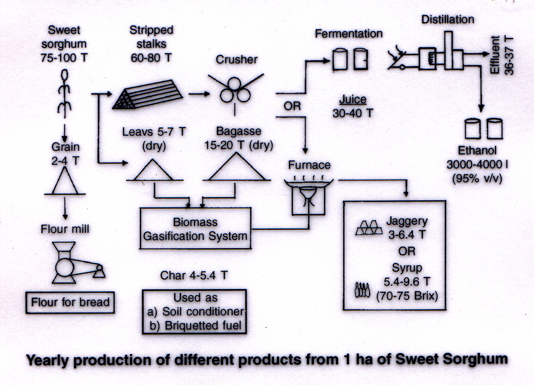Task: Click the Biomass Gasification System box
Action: tap(195, 229)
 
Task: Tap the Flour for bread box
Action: tap(70, 302)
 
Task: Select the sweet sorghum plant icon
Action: tap(65, 94)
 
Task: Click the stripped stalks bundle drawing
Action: tap(148, 95)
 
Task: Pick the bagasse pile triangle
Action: tap(237, 168)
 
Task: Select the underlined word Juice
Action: tap(353, 99)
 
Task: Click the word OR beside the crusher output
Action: tap(292, 106)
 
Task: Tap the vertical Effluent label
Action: tap(495, 55)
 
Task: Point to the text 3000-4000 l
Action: tap(477, 164)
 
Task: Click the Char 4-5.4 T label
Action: tap(194, 275)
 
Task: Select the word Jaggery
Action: tap(406, 221)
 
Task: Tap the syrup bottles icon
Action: tap(362, 290)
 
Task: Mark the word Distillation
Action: tap(448, 19)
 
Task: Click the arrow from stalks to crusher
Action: tap(199, 94)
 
